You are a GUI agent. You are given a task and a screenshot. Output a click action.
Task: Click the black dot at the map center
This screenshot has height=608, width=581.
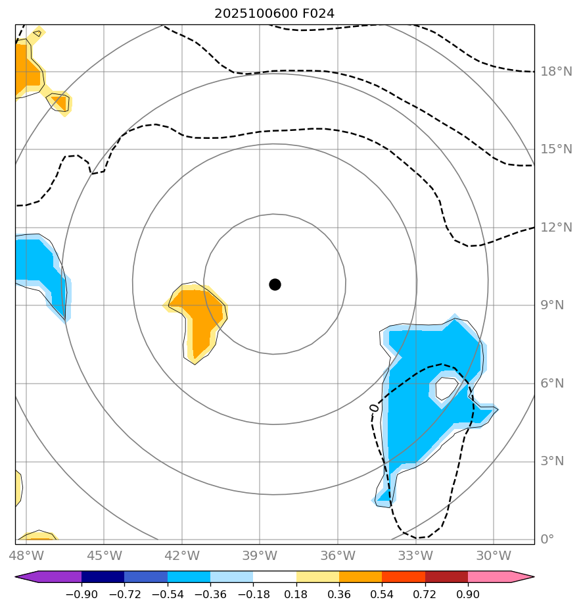(275, 284)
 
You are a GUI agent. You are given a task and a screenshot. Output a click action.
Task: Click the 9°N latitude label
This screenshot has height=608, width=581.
(551, 305)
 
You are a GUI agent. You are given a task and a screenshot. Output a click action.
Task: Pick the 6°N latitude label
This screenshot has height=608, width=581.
(551, 384)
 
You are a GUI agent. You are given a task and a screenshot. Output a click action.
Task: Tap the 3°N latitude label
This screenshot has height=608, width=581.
(551, 461)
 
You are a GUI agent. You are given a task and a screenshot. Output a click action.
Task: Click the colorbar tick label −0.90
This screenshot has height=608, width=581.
(81, 595)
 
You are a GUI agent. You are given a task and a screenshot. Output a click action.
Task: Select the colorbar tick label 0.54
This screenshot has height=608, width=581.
(383, 595)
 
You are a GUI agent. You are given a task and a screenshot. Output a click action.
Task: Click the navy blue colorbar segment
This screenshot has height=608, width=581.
(103, 577)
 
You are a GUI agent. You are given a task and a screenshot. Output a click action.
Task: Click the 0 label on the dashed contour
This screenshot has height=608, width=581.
(375, 408)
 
